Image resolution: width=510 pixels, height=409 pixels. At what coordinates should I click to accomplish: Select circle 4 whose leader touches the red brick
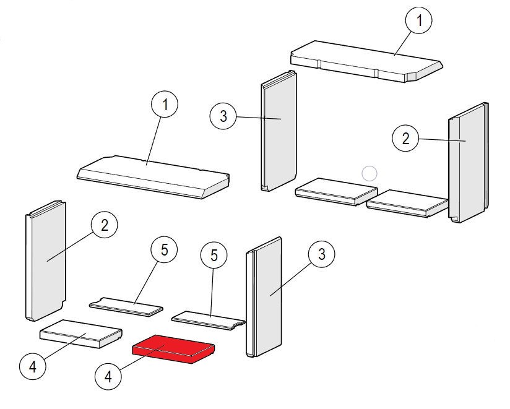point(109,376)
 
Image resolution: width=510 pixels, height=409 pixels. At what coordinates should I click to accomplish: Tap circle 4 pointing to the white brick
point(33,367)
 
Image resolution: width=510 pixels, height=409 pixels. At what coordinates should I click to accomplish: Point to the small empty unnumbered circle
point(369,173)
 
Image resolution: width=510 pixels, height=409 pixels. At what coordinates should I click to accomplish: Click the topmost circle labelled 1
point(419,21)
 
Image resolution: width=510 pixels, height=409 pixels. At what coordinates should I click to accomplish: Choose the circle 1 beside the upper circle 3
point(165,105)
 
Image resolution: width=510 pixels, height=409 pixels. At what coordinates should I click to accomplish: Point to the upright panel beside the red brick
point(265,297)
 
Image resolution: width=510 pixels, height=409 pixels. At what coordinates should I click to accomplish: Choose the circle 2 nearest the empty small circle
point(406,138)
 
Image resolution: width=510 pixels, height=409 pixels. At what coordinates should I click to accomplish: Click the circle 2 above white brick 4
point(104,225)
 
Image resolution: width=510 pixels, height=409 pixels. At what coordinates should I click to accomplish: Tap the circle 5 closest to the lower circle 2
point(155,251)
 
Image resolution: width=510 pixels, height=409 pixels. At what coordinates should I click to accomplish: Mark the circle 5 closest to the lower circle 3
point(214,255)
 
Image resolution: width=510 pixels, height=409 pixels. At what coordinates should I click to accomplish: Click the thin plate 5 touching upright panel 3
point(207,320)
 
